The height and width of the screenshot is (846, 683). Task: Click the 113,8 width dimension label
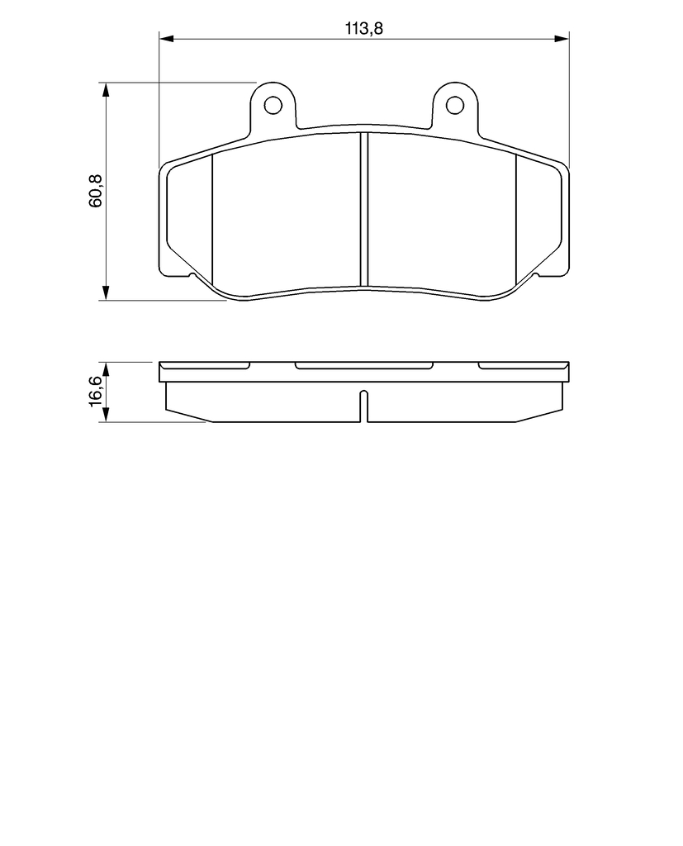click(364, 28)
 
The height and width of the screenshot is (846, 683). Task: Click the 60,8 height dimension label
click(97, 191)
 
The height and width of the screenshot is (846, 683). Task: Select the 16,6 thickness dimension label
click(95, 390)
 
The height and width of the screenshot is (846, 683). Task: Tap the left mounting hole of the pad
click(273, 104)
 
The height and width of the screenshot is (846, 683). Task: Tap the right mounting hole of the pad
click(455, 104)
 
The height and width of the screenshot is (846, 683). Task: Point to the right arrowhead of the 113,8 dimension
click(562, 38)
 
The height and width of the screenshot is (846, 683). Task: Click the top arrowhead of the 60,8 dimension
click(107, 89)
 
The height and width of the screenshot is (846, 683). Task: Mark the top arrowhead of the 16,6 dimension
click(107, 369)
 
